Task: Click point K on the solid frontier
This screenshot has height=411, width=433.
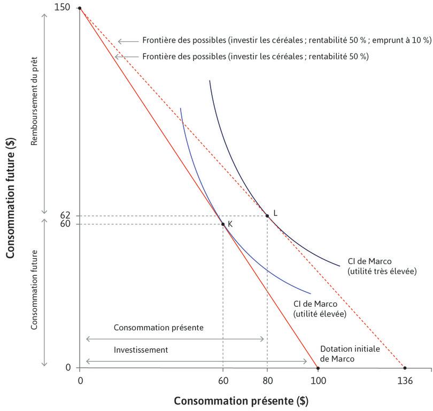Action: [x=223, y=224]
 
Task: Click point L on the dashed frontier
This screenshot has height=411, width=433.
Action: [x=267, y=216]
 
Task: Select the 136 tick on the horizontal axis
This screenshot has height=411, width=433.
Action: [x=405, y=381]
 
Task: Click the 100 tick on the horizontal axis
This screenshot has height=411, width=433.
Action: [x=318, y=381]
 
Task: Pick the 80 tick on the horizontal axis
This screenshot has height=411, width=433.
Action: [x=267, y=381]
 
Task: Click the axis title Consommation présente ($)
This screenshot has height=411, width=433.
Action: [x=241, y=400]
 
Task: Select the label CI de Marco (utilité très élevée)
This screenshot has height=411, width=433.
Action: [x=381, y=266]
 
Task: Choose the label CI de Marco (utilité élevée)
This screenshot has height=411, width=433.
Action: [x=320, y=309]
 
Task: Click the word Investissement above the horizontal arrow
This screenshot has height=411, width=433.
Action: [x=141, y=350]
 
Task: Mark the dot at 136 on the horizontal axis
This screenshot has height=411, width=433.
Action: [x=405, y=368]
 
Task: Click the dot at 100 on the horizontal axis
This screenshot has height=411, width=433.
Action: [x=318, y=368]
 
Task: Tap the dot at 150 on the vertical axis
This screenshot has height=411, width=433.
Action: [x=80, y=8]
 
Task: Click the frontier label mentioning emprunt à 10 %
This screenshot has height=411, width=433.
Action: [x=287, y=40]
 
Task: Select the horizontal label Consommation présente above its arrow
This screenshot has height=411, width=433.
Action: [x=158, y=327]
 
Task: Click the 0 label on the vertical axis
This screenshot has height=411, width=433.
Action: [x=68, y=368]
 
